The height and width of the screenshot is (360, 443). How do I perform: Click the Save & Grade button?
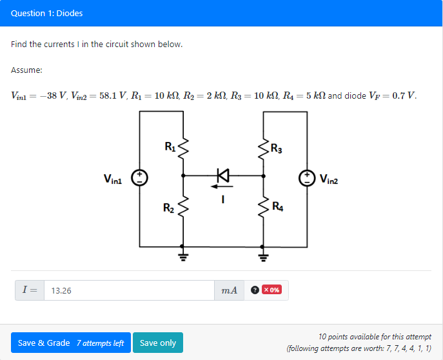(71, 343)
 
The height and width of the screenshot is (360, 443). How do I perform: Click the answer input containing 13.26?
(129, 290)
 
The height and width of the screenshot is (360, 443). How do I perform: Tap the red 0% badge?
(271, 290)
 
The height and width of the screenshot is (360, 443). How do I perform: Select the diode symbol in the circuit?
(223, 175)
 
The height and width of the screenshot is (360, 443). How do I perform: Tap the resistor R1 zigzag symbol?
(183, 150)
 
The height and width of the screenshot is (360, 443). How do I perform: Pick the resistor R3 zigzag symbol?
(263, 150)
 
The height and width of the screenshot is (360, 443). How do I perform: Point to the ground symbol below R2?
(183, 256)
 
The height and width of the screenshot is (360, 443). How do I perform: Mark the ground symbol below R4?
(263, 256)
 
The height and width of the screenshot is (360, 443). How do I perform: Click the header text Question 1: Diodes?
(46, 13)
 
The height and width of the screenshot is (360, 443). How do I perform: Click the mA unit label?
(229, 290)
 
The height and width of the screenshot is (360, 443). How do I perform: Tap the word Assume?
(26, 70)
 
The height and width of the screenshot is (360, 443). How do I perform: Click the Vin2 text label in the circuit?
(328, 179)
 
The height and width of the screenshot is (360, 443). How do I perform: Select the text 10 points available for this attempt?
(375, 337)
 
